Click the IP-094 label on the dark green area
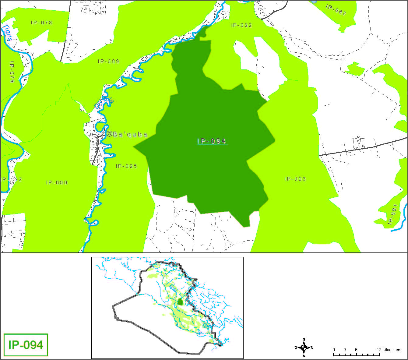(212, 141)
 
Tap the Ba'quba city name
(130, 134)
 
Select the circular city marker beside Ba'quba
(109, 134)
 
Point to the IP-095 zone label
(126, 166)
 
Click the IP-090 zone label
(57, 182)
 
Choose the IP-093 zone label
(295, 179)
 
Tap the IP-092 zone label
(241, 25)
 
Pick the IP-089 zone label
(109, 61)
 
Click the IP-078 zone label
(41, 23)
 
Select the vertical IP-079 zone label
(12, 72)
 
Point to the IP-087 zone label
(336, 10)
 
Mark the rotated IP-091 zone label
(393, 214)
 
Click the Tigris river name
(7, 32)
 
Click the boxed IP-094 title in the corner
(26, 345)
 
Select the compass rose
(304, 348)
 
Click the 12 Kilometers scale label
(389, 350)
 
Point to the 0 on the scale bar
(334, 350)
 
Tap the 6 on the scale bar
(356, 350)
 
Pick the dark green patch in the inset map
(180, 302)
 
